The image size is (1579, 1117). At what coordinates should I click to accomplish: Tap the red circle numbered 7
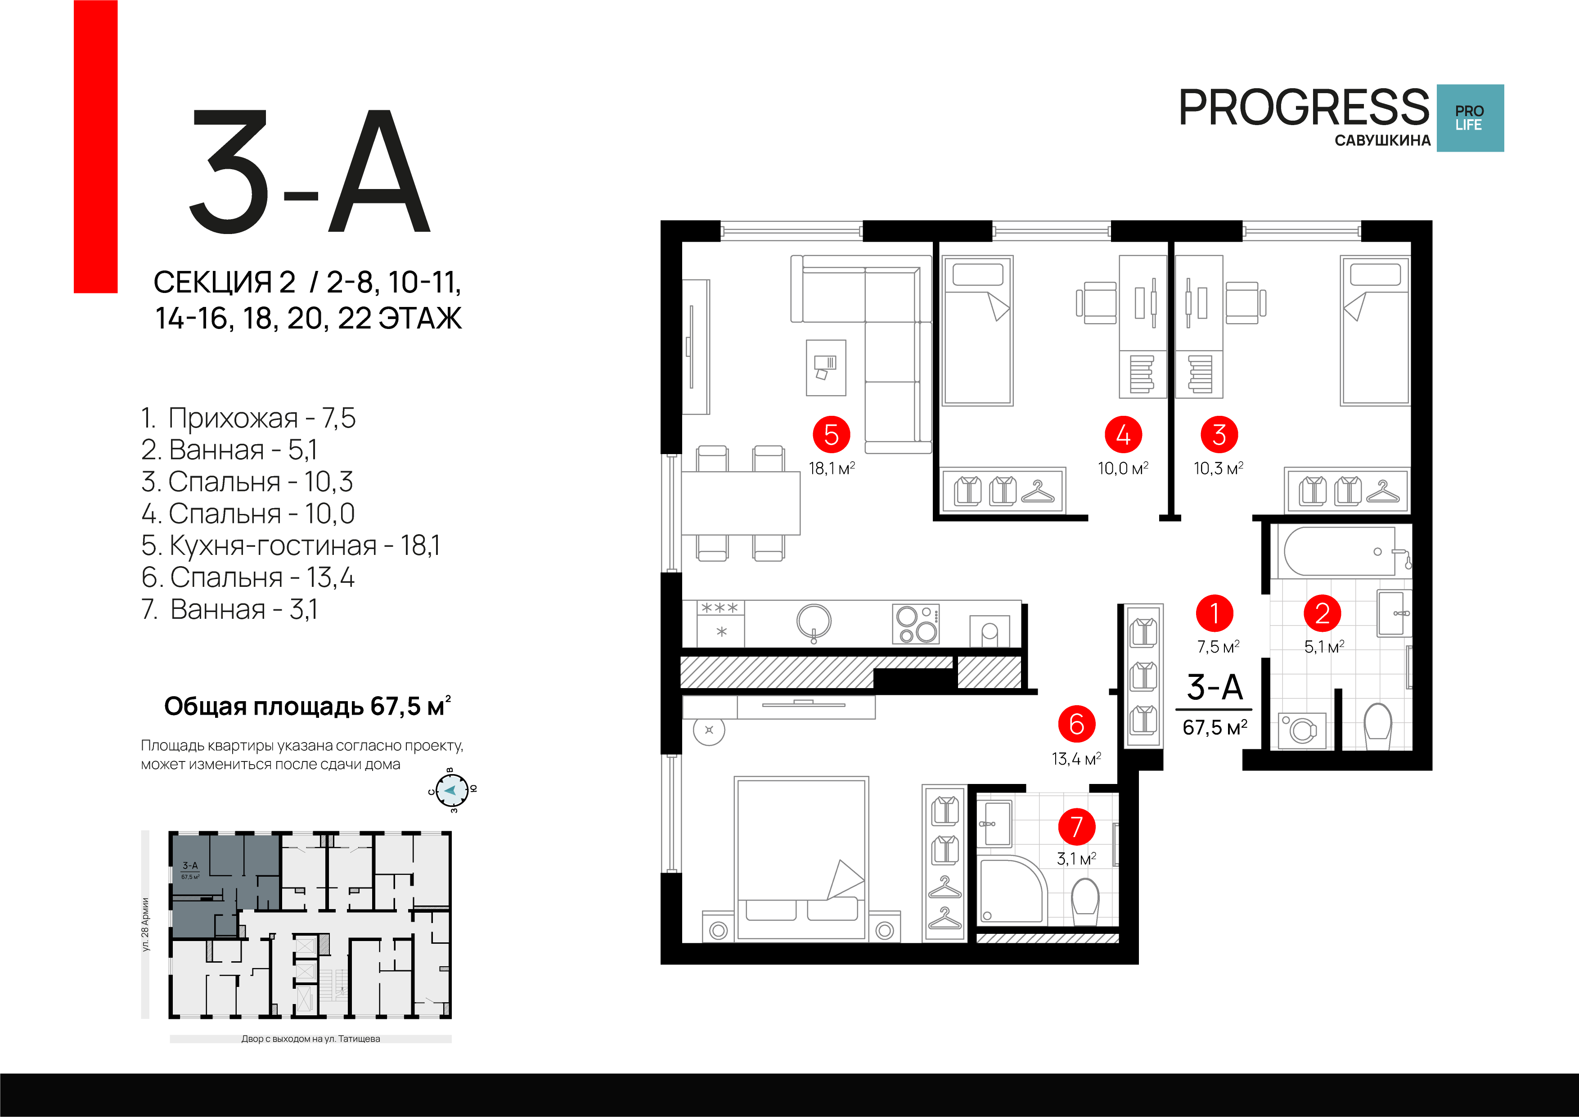pyautogui.click(x=1076, y=826)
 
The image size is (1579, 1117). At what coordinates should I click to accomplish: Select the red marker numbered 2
pyautogui.click(x=1322, y=613)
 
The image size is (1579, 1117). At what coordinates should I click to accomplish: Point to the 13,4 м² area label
pyautogui.click(x=1076, y=759)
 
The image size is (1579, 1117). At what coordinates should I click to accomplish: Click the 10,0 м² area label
pyautogui.click(x=1123, y=468)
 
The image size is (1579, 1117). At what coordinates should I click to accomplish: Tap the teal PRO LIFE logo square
pyautogui.click(x=1470, y=117)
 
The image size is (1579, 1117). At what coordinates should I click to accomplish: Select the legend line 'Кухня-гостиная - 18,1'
pyautogui.click(x=290, y=545)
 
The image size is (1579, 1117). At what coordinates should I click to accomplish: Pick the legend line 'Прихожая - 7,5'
pyautogui.click(x=248, y=418)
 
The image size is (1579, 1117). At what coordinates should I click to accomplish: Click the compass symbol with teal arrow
pyautogui.click(x=452, y=790)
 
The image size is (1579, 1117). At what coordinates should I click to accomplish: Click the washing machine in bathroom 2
pyautogui.click(x=1302, y=730)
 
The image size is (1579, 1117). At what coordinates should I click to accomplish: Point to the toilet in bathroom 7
pyautogui.click(x=1085, y=901)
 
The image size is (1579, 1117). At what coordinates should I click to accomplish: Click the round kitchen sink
pyautogui.click(x=814, y=622)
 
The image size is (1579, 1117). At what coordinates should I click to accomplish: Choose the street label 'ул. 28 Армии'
pyautogui.click(x=145, y=924)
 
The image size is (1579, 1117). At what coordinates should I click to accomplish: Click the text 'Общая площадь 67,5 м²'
pyautogui.click(x=307, y=707)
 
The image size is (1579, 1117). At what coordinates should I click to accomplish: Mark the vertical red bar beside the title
pyautogui.click(x=95, y=147)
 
